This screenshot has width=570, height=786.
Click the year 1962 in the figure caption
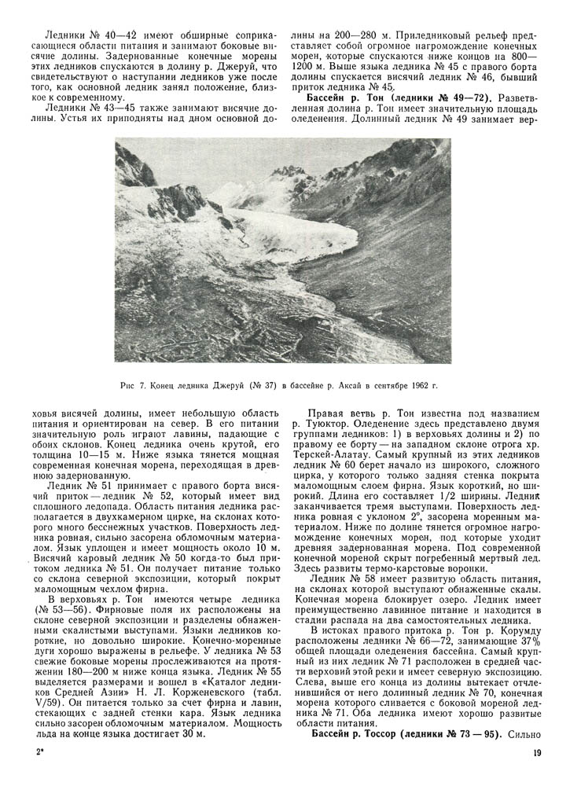click(x=420, y=386)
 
